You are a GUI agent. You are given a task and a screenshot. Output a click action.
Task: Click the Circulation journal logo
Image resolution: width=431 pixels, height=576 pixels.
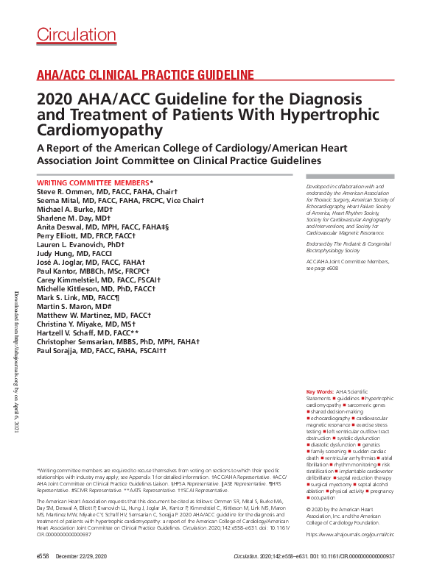point(71,34)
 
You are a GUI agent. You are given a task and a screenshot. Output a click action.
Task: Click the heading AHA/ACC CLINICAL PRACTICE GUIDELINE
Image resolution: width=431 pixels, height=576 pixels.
point(145,75)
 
